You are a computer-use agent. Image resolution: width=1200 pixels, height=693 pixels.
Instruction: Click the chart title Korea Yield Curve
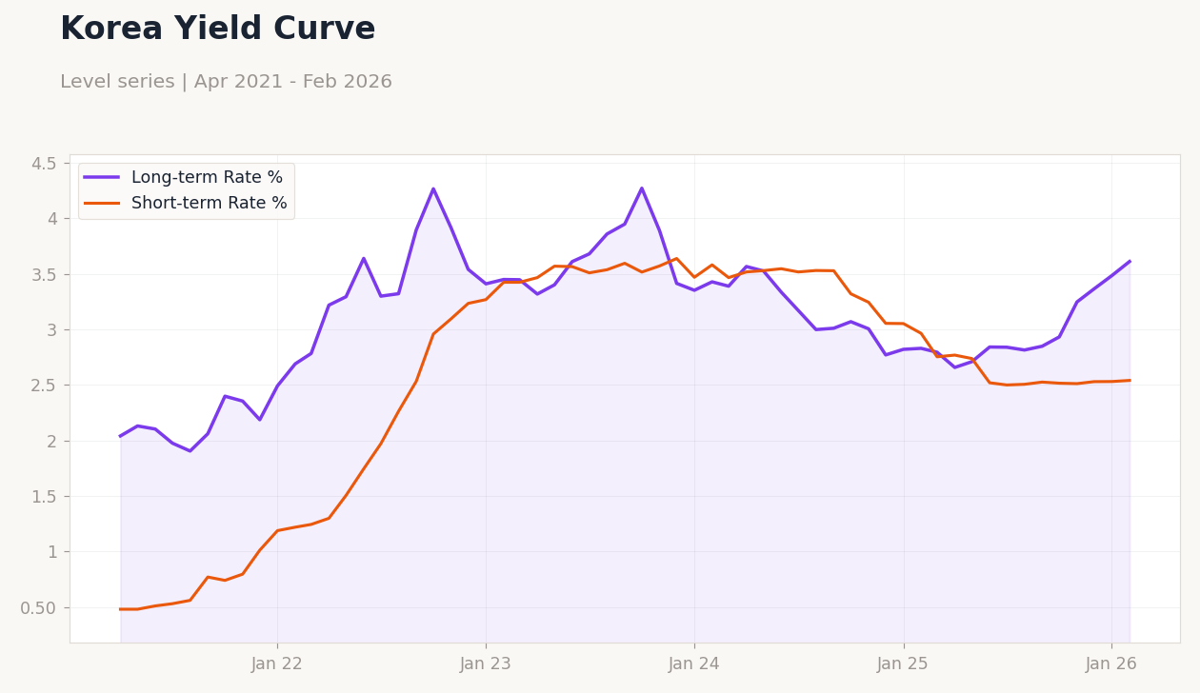217,30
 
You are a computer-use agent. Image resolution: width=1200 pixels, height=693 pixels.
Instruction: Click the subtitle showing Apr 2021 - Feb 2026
226,83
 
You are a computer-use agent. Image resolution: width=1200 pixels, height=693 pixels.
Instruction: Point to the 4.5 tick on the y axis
44,164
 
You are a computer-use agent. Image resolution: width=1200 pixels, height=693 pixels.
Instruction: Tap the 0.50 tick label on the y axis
38,608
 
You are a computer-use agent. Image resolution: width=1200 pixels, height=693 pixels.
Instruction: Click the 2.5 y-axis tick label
44,386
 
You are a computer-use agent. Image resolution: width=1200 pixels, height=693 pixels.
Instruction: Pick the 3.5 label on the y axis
44,275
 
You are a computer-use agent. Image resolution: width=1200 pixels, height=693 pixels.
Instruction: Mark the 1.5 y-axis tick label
44,497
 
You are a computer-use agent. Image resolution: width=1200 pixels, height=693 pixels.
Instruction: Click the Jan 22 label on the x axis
277,664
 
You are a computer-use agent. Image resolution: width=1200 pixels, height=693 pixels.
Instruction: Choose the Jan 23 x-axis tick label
486,664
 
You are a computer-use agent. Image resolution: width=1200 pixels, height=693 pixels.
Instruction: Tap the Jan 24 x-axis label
694,664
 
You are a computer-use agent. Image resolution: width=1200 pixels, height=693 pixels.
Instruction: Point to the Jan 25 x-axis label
903,664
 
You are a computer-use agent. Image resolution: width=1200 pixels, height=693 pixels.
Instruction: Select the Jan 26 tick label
1111,664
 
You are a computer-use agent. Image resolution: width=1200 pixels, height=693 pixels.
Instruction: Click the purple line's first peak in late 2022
433,188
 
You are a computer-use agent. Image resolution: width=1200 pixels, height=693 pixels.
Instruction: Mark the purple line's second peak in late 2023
642,188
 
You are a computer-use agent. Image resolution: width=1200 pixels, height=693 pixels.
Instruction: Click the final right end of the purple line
1130,261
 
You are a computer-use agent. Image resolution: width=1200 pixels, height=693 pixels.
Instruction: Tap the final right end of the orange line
1130,381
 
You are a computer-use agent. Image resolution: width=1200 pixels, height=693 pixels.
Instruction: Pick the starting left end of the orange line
121,609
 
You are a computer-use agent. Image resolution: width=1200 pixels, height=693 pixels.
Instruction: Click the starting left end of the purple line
121,436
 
